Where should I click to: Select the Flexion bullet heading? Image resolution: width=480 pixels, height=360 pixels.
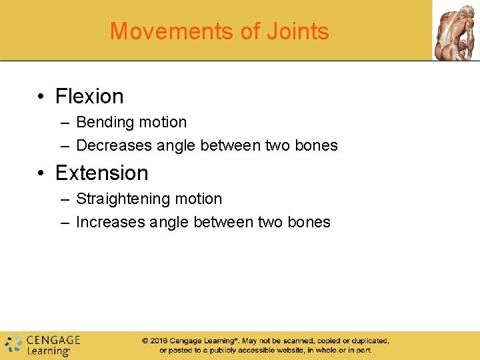point(89,96)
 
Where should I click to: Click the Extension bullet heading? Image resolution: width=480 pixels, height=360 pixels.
point(101,173)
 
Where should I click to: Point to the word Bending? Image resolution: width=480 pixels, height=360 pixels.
point(104,123)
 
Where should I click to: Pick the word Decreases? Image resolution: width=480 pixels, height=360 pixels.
point(114,145)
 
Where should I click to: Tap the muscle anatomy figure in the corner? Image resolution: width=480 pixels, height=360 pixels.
point(456,31)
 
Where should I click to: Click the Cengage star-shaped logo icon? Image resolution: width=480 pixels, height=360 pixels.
point(13,344)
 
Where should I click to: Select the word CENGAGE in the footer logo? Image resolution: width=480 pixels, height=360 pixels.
point(53,340)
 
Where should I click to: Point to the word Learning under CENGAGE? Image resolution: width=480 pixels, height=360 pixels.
point(49,351)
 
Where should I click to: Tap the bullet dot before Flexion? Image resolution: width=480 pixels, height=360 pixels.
point(41,97)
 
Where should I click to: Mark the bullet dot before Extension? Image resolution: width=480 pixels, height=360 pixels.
point(41,174)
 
